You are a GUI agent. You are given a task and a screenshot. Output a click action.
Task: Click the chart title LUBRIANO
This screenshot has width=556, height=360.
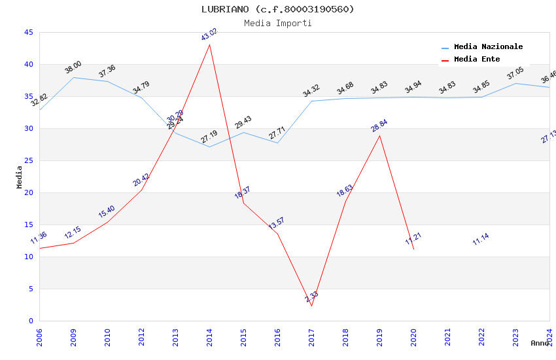pyautogui.click(x=277, y=9)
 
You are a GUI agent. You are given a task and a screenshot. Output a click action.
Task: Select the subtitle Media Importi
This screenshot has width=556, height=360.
pyautogui.click(x=277, y=23)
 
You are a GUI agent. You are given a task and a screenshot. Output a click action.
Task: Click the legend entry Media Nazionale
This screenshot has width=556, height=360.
pyautogui.click(x=488, y=46)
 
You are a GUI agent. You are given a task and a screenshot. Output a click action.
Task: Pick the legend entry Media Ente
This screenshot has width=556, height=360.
pyautogui.click(x=477, y=59)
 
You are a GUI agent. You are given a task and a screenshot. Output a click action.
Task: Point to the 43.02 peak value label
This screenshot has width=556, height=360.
pyautogui.click(x=209, y=35)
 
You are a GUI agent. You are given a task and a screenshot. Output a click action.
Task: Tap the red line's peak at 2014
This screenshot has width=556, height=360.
pyautogui.click(x=209, y=45)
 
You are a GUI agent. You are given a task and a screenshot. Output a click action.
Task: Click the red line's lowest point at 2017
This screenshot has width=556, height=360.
pyautogui.click(x=311, y=306)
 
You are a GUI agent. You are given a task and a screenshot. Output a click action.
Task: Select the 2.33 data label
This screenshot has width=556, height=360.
pyautogui.click(x=312, y=297)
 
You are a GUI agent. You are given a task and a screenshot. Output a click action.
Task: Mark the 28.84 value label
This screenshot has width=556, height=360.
pyautogui.click(x=379, y=126)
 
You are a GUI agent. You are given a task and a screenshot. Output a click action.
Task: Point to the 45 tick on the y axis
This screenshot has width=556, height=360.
pyautogui.click(x=28, y=32)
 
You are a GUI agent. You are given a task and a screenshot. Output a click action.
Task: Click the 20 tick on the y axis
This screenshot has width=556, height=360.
pyautogui.click(x=28, y=192)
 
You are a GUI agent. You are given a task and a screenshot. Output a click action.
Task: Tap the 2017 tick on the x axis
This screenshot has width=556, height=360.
pyautogui.click(x=312, y=335)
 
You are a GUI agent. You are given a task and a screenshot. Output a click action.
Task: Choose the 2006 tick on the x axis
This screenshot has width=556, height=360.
pyautogui.click(x=40, y=335)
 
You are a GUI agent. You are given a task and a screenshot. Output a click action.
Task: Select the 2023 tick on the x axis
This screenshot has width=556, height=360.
pyautogui.click(x=516, y=335)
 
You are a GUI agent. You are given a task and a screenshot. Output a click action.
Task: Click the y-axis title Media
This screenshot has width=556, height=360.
pyautogui.click(x=19, y=177)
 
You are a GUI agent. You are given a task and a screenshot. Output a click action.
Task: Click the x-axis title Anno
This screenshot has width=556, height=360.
pyautogui.click(x=540, y=343)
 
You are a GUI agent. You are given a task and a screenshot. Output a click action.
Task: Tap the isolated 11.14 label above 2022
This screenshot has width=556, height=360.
pyautogui.click(x=481, y=240)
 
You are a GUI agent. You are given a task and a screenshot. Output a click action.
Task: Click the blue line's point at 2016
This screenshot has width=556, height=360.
pyautogui.click(x=277, y=143)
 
